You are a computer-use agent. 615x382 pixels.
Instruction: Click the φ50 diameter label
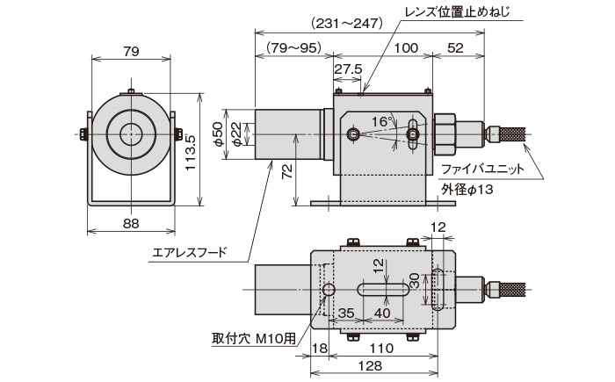click(x=219, y=133)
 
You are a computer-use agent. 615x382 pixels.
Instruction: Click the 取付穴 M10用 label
click(x=251, y=338)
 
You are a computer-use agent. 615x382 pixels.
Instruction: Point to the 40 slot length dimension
click(x=382, y=312)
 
